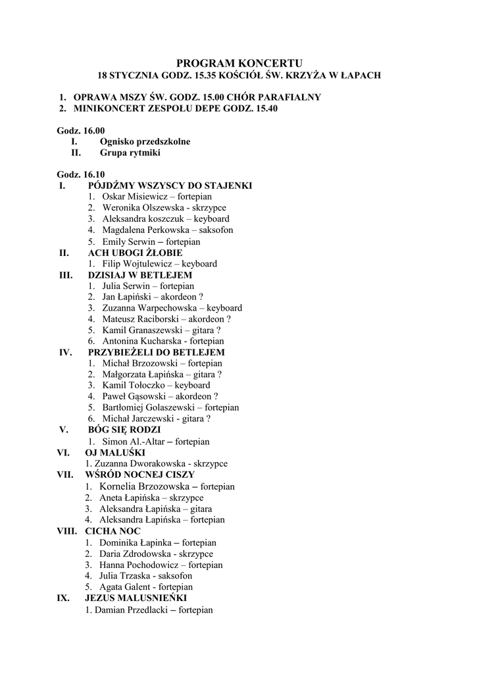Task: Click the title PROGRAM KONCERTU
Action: pos(239,63)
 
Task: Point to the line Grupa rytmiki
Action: pos(130,153)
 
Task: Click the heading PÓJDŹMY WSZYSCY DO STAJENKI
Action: pos(170,186)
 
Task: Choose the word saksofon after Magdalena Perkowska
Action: pos(214,230)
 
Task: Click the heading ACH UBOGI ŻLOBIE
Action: pos(135,253)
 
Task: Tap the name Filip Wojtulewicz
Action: pos(137,264)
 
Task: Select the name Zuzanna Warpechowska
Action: pos(150,308)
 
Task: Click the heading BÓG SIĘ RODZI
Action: pos(124,430)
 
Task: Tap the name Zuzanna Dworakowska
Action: pos(134,464)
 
